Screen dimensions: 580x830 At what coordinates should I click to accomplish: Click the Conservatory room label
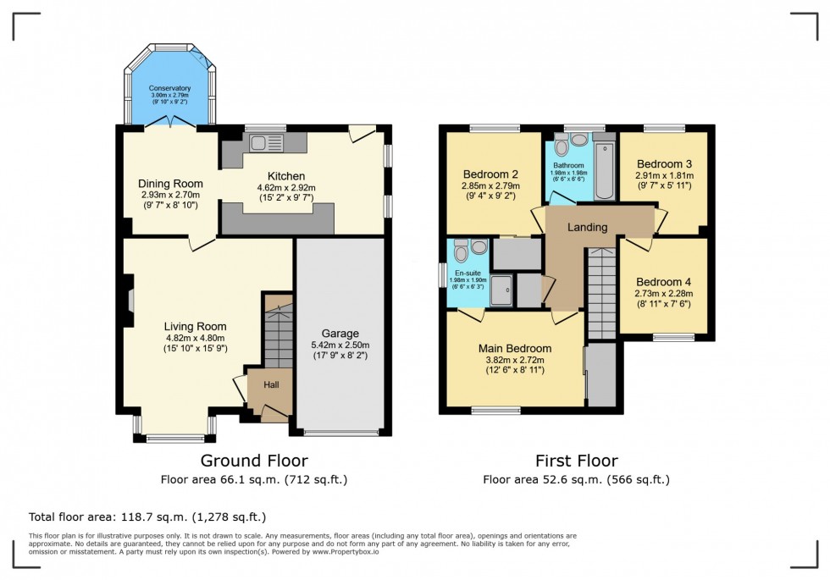[x=169, y=88]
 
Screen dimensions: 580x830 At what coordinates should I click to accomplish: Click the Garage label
[x=340, y=333]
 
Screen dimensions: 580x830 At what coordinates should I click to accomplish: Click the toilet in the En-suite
[x=460, y=251]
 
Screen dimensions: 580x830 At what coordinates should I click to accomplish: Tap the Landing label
[x=587, y=227]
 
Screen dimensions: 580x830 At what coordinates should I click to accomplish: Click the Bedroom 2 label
[x=484, y=174]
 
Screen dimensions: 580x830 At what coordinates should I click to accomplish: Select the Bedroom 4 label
[x=664, y=282]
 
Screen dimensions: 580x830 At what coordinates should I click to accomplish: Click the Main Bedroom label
[x=515, y=348]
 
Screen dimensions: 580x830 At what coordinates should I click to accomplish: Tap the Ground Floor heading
[x=253, y=461]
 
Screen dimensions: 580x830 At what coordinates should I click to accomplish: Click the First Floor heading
[x=576, y=461]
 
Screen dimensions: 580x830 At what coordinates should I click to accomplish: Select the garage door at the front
[x=340, y=434]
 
